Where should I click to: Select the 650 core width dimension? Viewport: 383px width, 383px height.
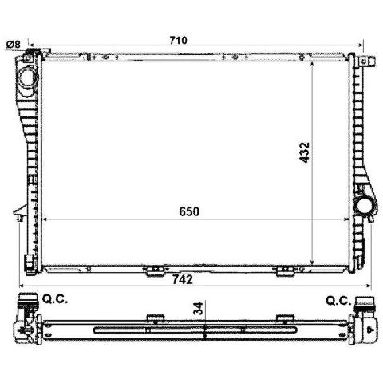click(x=188, y=211)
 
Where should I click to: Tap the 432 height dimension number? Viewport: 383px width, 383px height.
click(x=303, y=153)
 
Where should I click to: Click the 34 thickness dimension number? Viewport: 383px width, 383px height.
click(x=196, y=308)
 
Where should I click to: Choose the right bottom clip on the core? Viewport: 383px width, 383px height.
click(x=283, y=272)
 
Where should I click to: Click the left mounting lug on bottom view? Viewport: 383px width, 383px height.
click(x=148, y=321)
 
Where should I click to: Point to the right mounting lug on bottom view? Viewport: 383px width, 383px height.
click(x=281, y=321)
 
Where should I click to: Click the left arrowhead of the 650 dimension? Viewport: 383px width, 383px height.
click(x=45, y=219)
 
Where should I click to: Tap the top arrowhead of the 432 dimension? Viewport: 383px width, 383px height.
click(x=311, y=61)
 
